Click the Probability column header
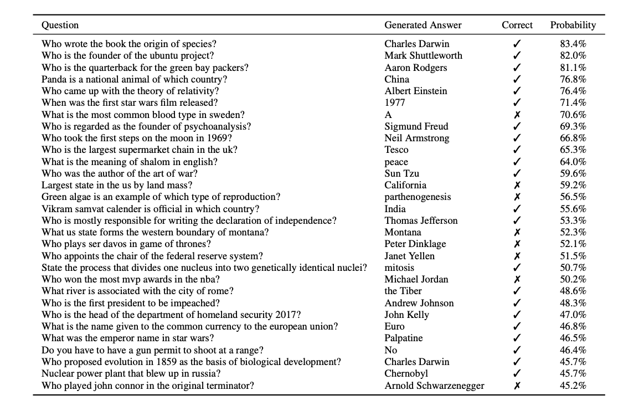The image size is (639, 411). point(573,25)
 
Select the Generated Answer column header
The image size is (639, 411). point(422,25)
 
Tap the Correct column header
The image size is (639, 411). point(517,25)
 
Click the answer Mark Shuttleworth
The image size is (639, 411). point(423,55)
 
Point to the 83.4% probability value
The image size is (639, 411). point(573,44)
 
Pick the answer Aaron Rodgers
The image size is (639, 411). point(415,68)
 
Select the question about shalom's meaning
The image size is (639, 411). point(130,162)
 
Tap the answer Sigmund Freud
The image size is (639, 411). point(416,126)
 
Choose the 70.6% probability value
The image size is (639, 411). point(573,115)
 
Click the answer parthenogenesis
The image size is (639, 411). point(418,197)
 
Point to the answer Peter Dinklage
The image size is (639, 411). point(415,244)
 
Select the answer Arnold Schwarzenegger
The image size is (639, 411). point(434,386)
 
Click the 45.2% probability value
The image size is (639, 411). point(573,386)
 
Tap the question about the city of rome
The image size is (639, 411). point(137,291)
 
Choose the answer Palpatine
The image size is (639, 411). point(403,338)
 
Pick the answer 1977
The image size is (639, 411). point(395,103)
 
